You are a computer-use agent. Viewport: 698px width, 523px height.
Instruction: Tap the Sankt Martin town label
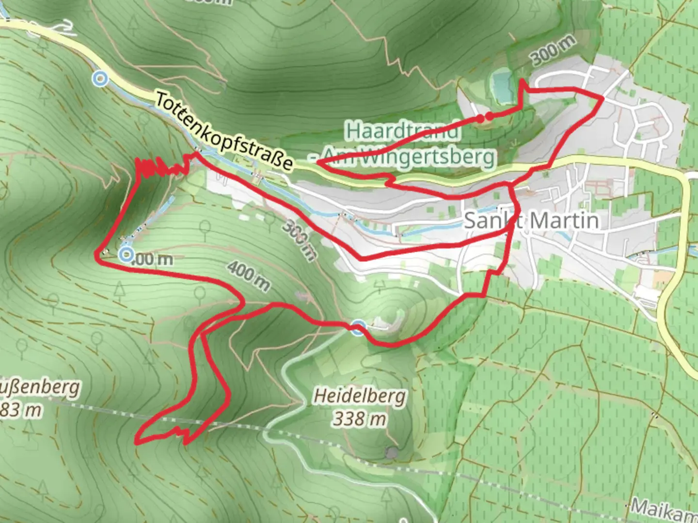[x=531, y=221]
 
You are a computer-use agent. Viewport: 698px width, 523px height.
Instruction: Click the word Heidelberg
[x=359, y=396]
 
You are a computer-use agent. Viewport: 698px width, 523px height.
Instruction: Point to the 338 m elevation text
[x=359, y=418]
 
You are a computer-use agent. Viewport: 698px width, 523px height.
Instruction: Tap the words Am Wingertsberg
[x=408, y=156]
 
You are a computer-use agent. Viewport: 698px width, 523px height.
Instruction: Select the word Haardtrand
[x=402, y=131]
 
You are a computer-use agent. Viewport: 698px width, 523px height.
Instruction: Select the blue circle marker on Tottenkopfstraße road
[x=100, y=78]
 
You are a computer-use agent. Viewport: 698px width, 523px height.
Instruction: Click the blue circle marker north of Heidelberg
[x=358, y=327]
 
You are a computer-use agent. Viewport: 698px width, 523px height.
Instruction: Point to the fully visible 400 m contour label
[x=248, y=276]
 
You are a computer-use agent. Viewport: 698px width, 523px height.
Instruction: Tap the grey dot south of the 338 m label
[x=392, y=453]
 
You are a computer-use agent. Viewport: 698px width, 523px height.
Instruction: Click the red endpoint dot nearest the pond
[x=490, y=116]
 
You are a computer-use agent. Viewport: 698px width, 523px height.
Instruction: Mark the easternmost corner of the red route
[x=603, y=98]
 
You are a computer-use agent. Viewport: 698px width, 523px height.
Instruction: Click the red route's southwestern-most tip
[x=137, y=441]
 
